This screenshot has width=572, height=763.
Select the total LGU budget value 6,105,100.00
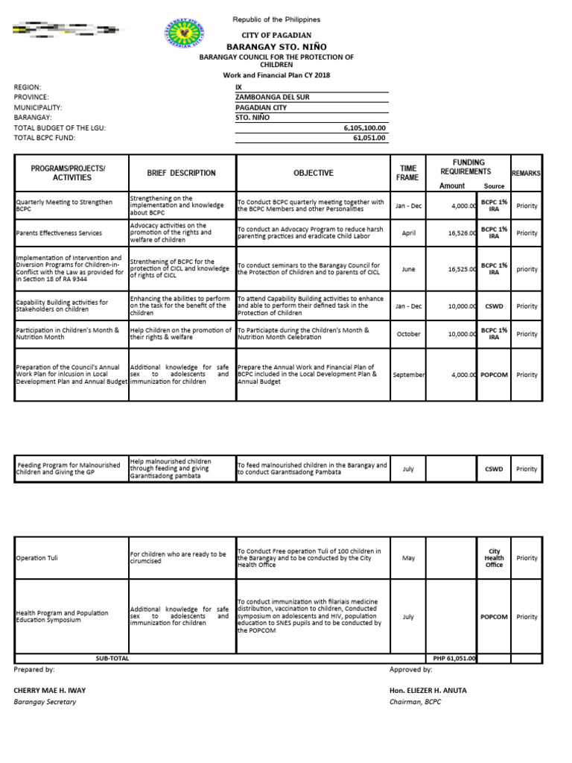pyautogui.click(x=364, y=128)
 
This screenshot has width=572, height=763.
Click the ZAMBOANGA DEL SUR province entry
pyautogui.click(x=273, y=98)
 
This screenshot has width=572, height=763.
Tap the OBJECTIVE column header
pyautogui.click(x=314, y=173)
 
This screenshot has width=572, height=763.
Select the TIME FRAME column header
pyautogui.click(x=408, y=173)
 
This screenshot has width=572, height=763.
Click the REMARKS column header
pyautogui.click(x=526, y=173)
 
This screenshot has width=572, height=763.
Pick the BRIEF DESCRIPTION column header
pyautogui.click(x=182, y=173)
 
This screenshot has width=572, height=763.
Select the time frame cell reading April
pyautogui.click(x=408, y=233)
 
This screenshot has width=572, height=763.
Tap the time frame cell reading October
pyautogui.click(x=408, y=334)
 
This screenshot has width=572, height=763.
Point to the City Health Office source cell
pyautogui.click(x=494, y=557)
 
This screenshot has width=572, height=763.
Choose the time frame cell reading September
pyautogui.click(x=408, y=375)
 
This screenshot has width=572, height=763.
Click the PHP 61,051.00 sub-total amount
pyautogui.click(x=454, y=659)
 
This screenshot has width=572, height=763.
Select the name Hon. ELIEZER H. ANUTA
pyautogui.click(x=422, y=690)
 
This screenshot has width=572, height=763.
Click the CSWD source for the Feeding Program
pyautogui.click(x=494, y=469)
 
